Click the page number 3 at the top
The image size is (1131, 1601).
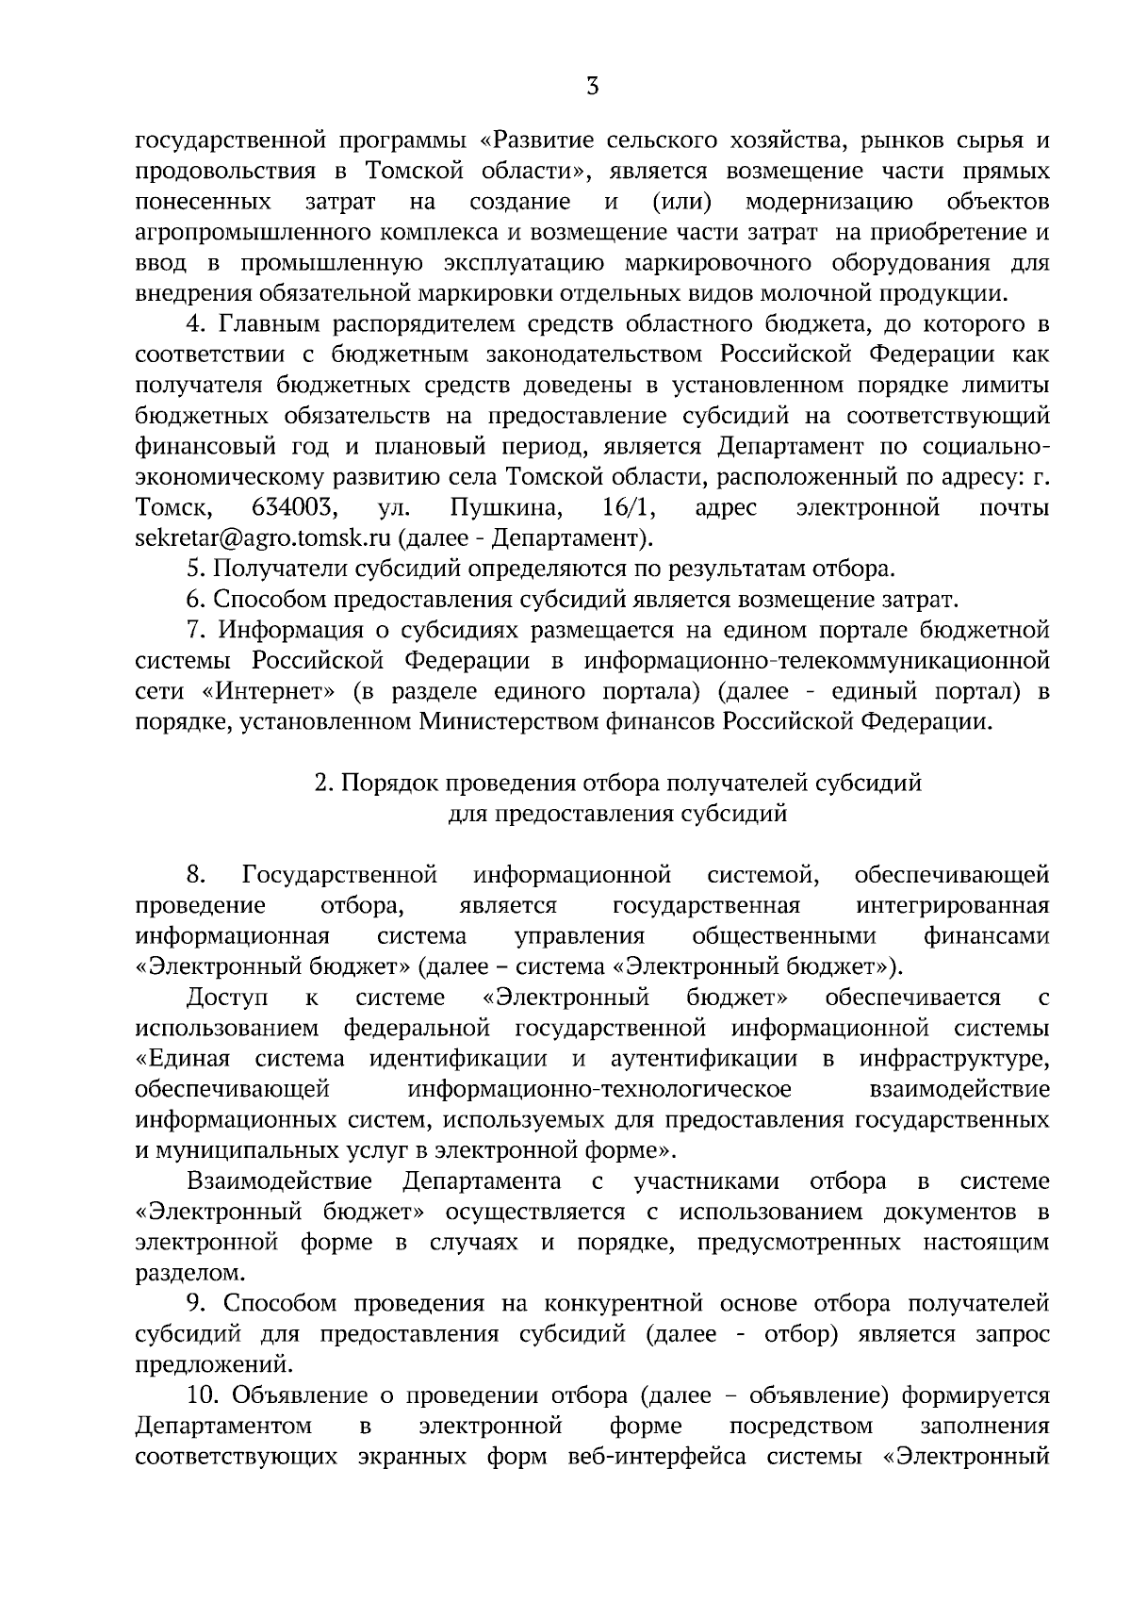591,88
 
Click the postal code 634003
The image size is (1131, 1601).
295,508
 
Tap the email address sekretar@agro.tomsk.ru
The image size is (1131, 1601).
263,538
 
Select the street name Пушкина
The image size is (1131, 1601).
506,508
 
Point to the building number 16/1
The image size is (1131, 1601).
628,508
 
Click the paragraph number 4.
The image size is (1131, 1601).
195,324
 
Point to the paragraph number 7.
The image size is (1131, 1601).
194,630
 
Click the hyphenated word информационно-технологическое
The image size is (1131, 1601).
598,1089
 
